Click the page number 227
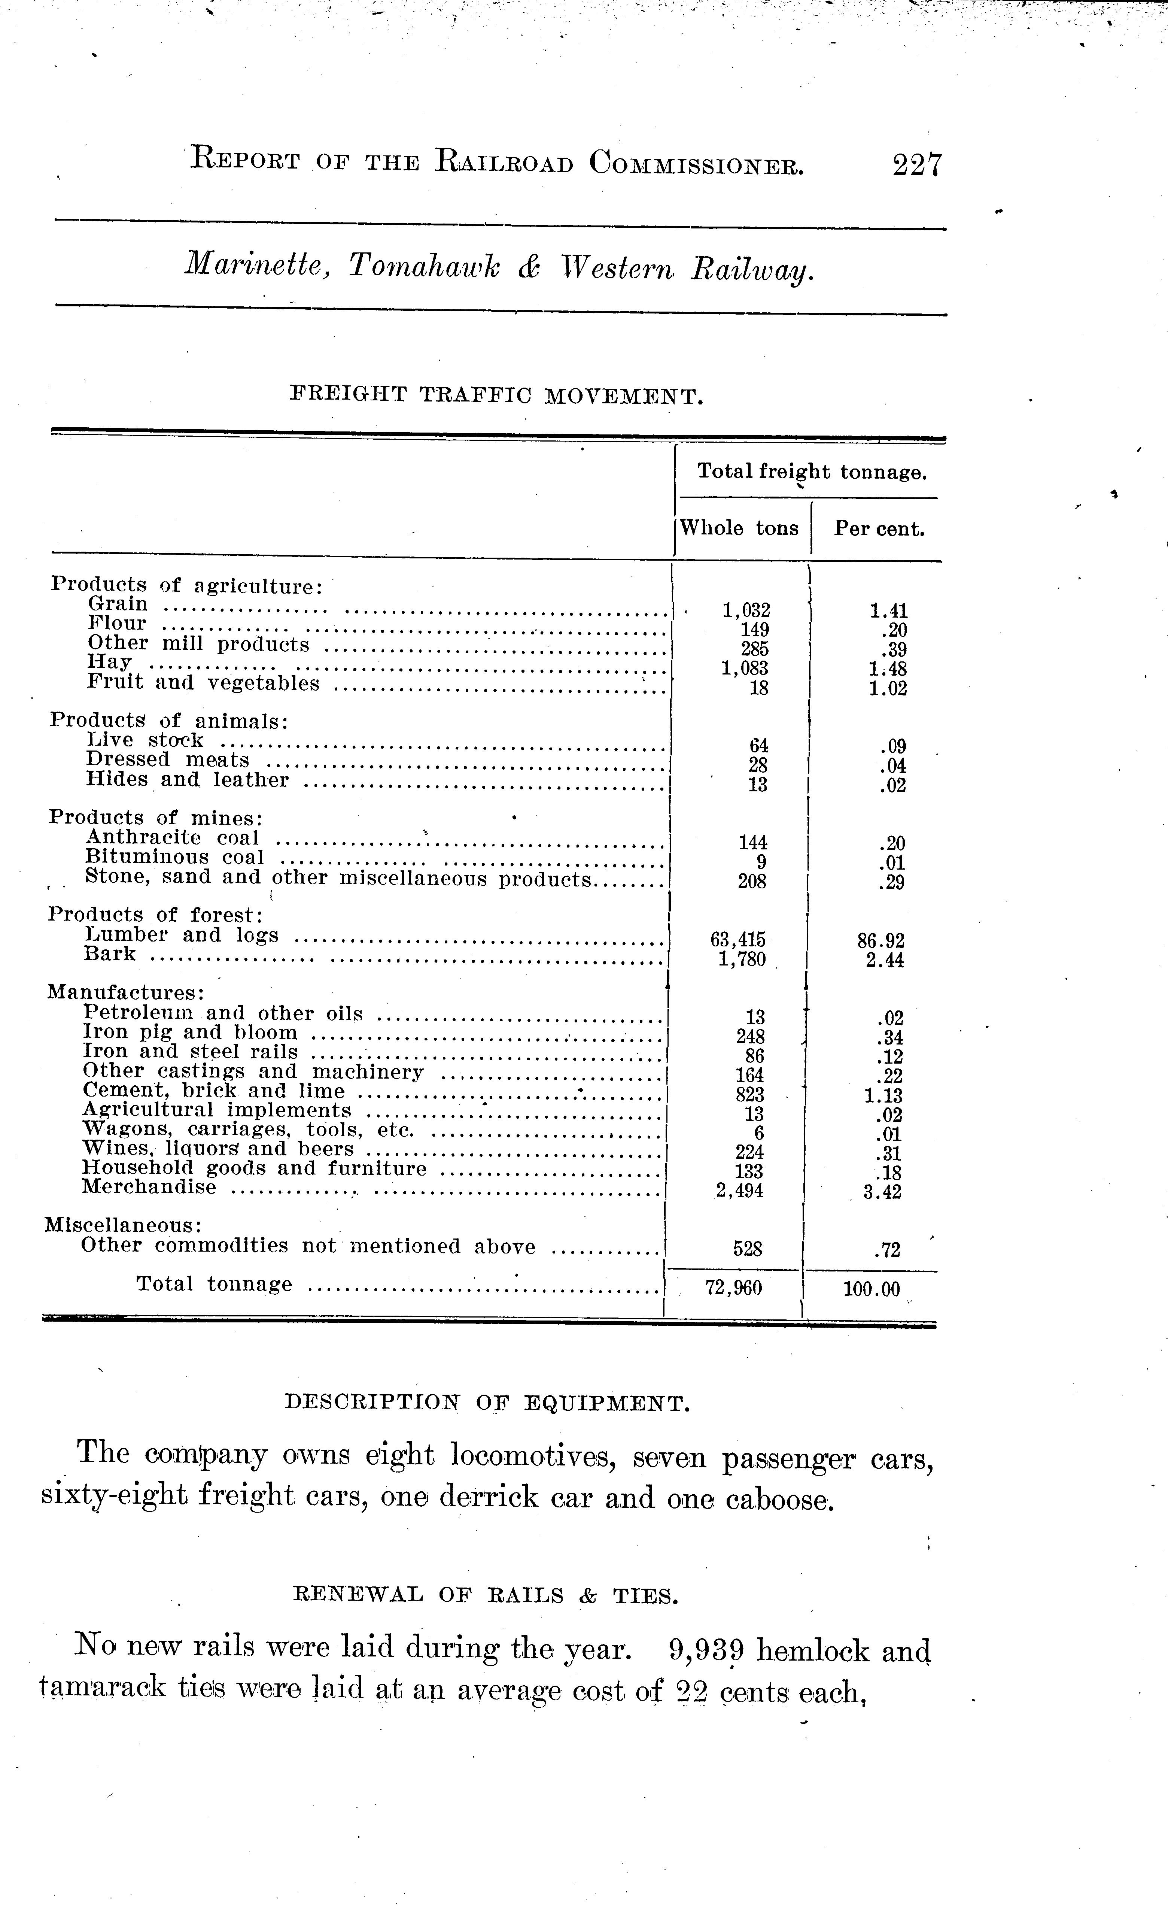tap(917, 166)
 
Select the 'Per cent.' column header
tap(879, 530)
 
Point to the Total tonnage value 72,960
tap(733, 1288)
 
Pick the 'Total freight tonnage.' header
tap(812, 471)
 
